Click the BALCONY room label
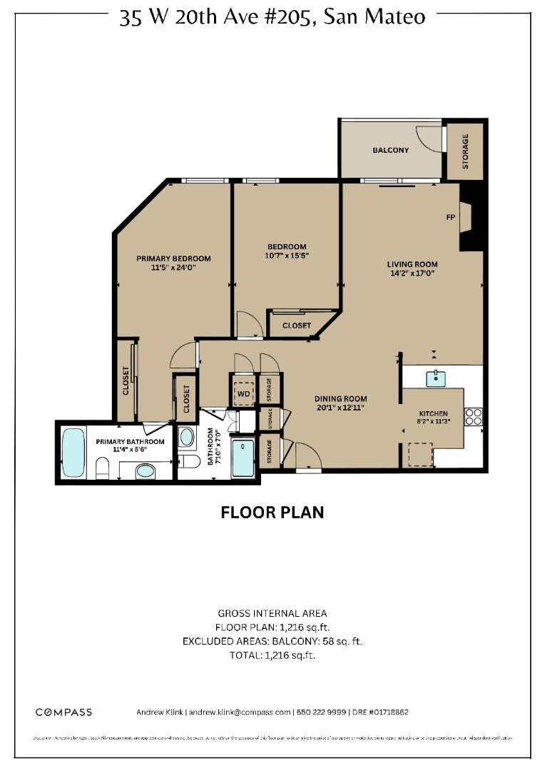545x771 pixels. (391, 151)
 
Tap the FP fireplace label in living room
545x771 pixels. (450, 218)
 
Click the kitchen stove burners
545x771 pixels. (473, 416)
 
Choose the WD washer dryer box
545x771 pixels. (243, 393)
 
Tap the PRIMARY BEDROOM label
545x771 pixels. (173, 263)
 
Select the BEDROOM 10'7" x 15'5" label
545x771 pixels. (286, 251)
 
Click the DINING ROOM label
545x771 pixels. (341, 403)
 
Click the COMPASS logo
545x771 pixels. (63, 712)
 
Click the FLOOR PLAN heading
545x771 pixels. (272, 513)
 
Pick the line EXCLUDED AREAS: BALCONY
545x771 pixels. (272, 641)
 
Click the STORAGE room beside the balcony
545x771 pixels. (465, 151)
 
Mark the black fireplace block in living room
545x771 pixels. (472, 216)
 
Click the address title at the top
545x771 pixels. (272, 17)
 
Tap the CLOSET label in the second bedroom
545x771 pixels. (296, 326)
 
